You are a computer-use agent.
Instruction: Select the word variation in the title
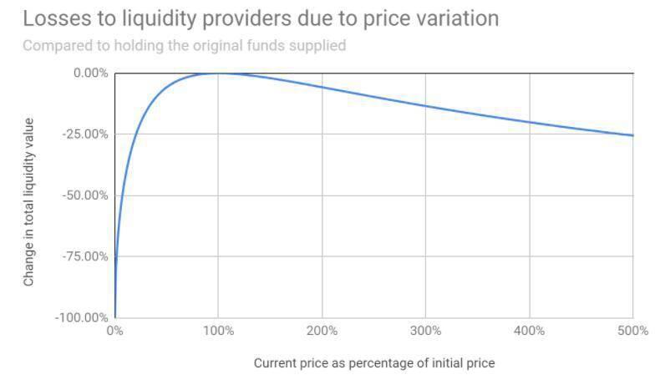point(455,18)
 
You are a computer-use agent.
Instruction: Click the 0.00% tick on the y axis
point(90,73)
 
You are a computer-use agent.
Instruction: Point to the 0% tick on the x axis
point(114,331)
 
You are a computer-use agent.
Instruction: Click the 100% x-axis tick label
point(218,331)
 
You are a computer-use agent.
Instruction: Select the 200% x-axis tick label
point(322,331)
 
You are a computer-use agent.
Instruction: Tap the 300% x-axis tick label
point(425,331)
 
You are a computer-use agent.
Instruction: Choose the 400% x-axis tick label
point(530,331)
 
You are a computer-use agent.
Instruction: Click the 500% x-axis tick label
point(633,331)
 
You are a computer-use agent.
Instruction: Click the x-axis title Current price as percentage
point(373,363)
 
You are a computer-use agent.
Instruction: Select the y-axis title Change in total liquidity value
point(29,202)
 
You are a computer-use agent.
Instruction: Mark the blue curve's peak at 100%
point(218,73)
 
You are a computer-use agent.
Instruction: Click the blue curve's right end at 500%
point(632,135)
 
